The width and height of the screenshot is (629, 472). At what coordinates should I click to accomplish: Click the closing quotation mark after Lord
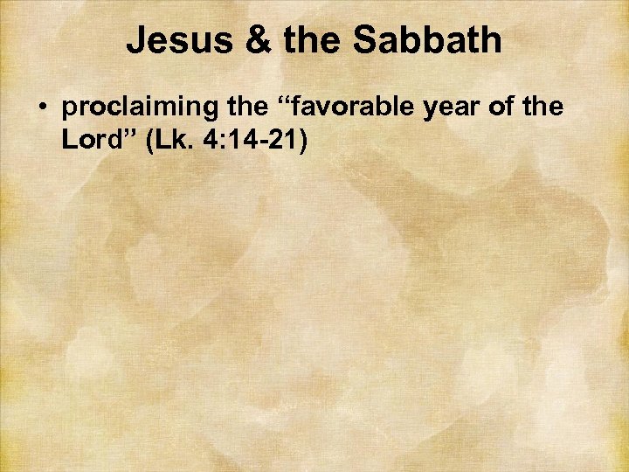click(x=125, y=135)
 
